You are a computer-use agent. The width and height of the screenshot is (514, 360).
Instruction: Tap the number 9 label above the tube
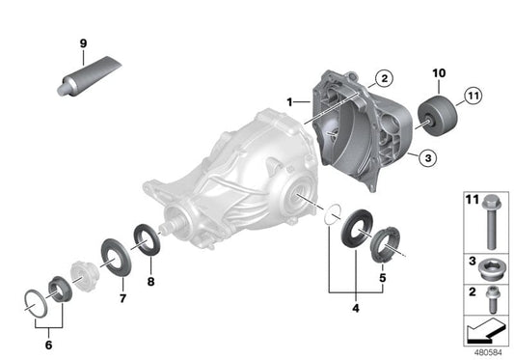click(82, 43)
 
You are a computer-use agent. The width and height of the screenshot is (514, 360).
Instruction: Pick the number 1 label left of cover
click(289, 100)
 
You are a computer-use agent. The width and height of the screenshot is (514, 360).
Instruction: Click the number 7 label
click(122, 299)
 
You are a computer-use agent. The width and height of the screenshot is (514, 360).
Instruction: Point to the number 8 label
click(149, 283)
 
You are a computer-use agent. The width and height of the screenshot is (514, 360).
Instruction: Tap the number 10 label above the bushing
click(439, 73)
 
